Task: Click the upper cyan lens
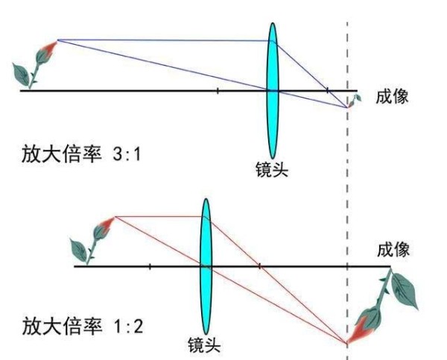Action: coord(273,91)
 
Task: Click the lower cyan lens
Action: coord(206,266)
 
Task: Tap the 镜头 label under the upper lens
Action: coord(272,169)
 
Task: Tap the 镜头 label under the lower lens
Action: coord(204,345)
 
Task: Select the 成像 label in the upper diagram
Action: coord(392,97)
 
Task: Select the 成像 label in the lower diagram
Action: coord(393,250)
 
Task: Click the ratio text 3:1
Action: coord(127,155)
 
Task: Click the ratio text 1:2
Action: coord(127,326)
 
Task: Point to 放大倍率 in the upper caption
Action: coord(62,154)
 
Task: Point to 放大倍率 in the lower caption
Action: coord(62,326)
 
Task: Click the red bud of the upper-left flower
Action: coord(51,47)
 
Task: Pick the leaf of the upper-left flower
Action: coord(21,75)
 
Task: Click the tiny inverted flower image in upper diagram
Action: coord(355,101)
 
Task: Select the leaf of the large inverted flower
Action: coord(405,291)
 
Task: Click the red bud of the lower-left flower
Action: coord(108,224)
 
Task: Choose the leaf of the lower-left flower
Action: coord(78,250)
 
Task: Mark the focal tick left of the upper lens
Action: coord(218,91)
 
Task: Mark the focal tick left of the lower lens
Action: coord(150,267)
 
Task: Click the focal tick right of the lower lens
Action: coord(259,267)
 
